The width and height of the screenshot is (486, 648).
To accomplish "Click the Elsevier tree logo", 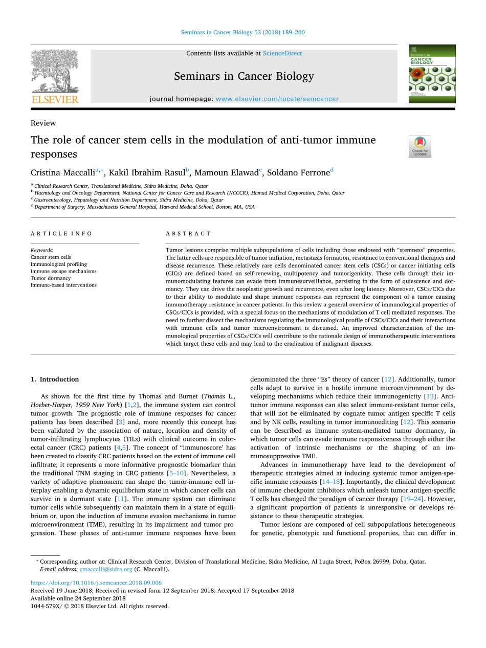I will click(x=55, y=76).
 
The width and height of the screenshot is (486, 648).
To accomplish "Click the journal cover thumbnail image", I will click(x=432, y=74).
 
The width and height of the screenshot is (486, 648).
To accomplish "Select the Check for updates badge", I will click(x=420, y=146).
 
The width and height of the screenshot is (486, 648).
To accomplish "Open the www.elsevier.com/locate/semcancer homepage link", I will click(x=277, y=99).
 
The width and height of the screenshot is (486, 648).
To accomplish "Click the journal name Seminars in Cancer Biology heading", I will click(x=244, y=76).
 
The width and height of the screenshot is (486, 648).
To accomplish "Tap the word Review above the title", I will click(x=43, y=123).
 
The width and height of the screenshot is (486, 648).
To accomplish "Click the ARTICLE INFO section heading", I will click(x=61, y=234).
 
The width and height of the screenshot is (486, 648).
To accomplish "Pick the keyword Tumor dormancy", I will click(x=50, y=278).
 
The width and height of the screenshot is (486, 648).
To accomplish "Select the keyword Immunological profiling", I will click(x=59, y=264).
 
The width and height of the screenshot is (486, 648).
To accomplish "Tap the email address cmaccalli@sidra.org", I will click(x=106, y=569).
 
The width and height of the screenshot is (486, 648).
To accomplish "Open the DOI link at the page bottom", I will click(x=96, y=583).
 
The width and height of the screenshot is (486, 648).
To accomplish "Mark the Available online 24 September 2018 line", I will click(x=78, y=598).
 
